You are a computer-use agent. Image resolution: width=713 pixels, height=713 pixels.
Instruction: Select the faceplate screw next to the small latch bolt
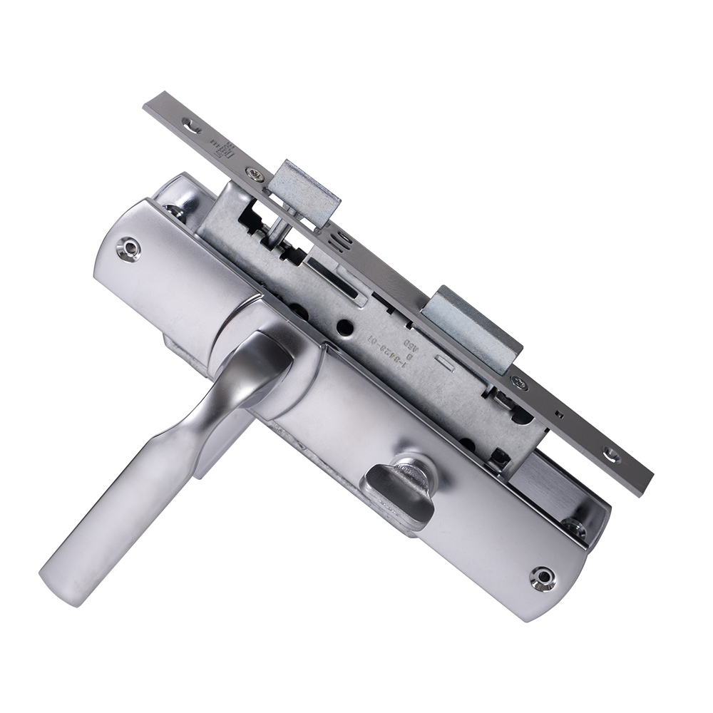(252, 172)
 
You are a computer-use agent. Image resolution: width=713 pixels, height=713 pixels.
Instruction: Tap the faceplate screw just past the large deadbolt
(520, 385)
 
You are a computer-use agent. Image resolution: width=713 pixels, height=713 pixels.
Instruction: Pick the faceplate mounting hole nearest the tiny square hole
(610, 454)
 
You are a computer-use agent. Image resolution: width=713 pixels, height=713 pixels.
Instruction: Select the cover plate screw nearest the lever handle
(128, 247)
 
